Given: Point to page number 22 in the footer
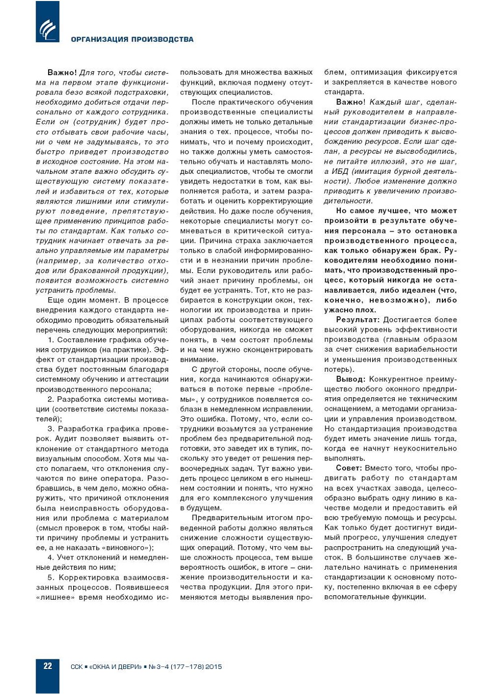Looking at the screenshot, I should pyautogui.click(x=48, y=666).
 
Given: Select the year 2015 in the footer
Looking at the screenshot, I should pyautogui.click(x=213, y=666).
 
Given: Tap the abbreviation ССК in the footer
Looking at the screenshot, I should pyautogui.click(x=77, y=666).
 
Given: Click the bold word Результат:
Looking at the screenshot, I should pyautogui.click(x=357, y=320).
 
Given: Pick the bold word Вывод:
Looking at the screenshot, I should pyautogui.click(x=351, y=379).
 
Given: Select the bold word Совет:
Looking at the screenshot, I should pyautogui.click(x=349, y=468).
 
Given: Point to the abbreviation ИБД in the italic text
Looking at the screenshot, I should pyautogui.click(x=340, y=171).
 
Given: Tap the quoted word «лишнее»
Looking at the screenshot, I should pyautogui.click(x=54, y=597).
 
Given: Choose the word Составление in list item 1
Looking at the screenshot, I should pyautogui.click(x=80, y=340).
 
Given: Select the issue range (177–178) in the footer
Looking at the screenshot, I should pyautogui.click(x=187, y=666).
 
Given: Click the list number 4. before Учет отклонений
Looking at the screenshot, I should pyautogui.click(x=51, y=557).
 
